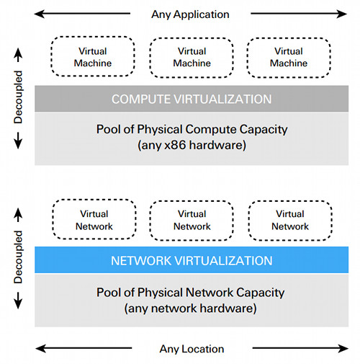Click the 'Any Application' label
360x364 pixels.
(190, 14)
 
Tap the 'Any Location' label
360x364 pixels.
(192, 349)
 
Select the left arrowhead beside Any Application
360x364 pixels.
(40, 14)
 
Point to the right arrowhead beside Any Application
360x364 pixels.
(342, 14)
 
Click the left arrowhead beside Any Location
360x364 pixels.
(41, 348)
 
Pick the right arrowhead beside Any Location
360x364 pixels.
(343, 348)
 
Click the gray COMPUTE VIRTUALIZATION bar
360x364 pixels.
(192, 99)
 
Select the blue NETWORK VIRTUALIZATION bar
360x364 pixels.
(192, 260)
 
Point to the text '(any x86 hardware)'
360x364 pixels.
(192, 145)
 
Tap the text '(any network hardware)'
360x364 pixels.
(191, 308)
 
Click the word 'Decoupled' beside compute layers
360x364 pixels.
(18, 97)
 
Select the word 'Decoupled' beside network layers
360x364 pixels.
(18, 257)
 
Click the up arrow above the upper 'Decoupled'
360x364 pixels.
(18, 55)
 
